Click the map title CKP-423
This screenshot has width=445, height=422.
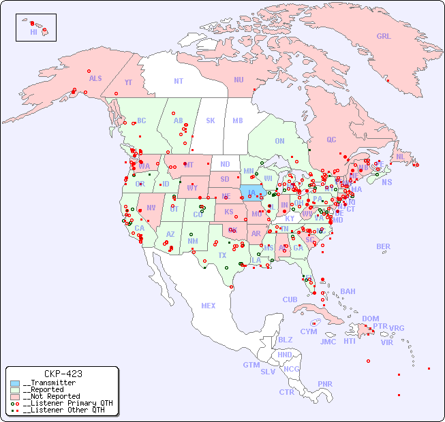tap(63, 374)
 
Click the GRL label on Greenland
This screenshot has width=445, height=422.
tap(384, 37)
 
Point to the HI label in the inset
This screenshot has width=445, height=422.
tap(33, 32)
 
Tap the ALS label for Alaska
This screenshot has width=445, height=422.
tap(95, 78)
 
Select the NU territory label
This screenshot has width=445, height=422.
tap(239, 80)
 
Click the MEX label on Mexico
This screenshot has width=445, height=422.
tap(209, 306)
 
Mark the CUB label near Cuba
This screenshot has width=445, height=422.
tap(290, 299)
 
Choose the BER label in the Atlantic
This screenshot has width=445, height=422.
tap(383, 246)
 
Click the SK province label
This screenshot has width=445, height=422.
tap(211, 121)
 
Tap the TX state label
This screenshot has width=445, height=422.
tap(222, 255)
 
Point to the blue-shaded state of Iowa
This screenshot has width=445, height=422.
tap(251, 192)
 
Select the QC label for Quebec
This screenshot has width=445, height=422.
tap(331, 140)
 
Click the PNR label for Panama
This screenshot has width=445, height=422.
tap(325, 384)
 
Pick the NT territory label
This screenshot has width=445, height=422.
tap(179, 81)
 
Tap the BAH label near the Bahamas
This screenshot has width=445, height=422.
tap(348, 291)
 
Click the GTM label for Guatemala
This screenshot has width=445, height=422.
tap(251, 365)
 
